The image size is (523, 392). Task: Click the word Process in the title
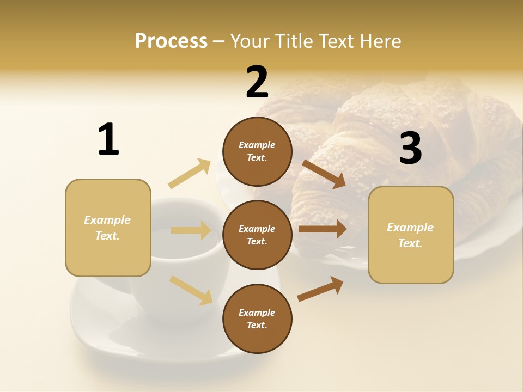point(171,41)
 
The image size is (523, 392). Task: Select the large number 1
point(108,139)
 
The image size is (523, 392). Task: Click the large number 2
point(257,82)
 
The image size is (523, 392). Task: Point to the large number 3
point(410,148)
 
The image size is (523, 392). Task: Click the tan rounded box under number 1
point(108,228)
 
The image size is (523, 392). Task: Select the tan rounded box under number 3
point(411,235)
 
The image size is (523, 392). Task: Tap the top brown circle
point(257,151)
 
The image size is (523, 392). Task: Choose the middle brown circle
point(257,235)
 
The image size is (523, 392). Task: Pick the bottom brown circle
point(257,319)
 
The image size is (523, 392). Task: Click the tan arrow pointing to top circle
point(190,174)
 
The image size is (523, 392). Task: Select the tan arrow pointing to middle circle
point(191,230)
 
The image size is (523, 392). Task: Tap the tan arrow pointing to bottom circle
point(191,290)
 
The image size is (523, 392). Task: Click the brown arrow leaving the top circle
point(324,174)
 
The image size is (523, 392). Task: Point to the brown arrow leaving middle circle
point(323,229)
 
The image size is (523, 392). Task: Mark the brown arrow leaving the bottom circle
point(320,289)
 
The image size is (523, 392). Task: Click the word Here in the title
point(380,41)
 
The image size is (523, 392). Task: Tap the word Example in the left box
point(107,220)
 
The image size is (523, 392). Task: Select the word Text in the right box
point(410,243)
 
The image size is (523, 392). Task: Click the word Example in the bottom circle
point(257,313)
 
